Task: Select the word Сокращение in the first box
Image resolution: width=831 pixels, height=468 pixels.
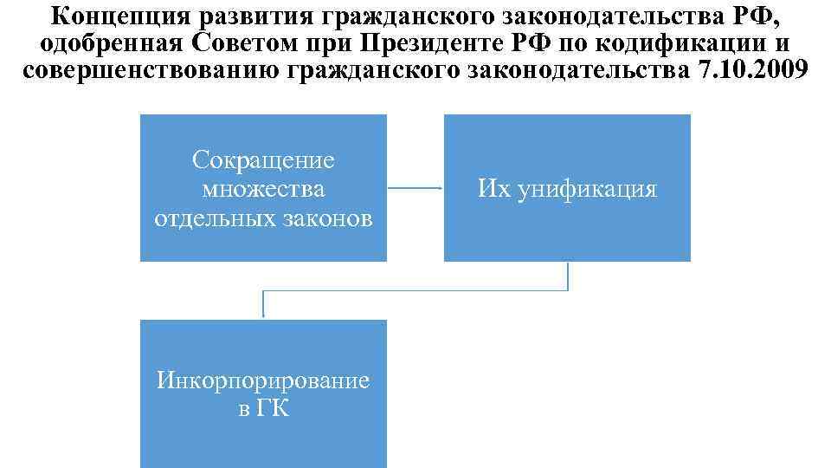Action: click(263, 160)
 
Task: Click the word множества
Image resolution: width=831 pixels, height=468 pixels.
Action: click(263, 189)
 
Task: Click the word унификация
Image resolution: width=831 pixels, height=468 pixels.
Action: click(589, 189)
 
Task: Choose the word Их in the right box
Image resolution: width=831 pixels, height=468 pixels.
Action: click(494, 189)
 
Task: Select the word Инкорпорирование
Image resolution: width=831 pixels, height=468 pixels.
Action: click(263, 380)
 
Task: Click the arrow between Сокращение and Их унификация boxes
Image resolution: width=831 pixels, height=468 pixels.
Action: click(415, 188)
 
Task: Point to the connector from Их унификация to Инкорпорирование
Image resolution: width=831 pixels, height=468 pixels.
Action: click(415, 290)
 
